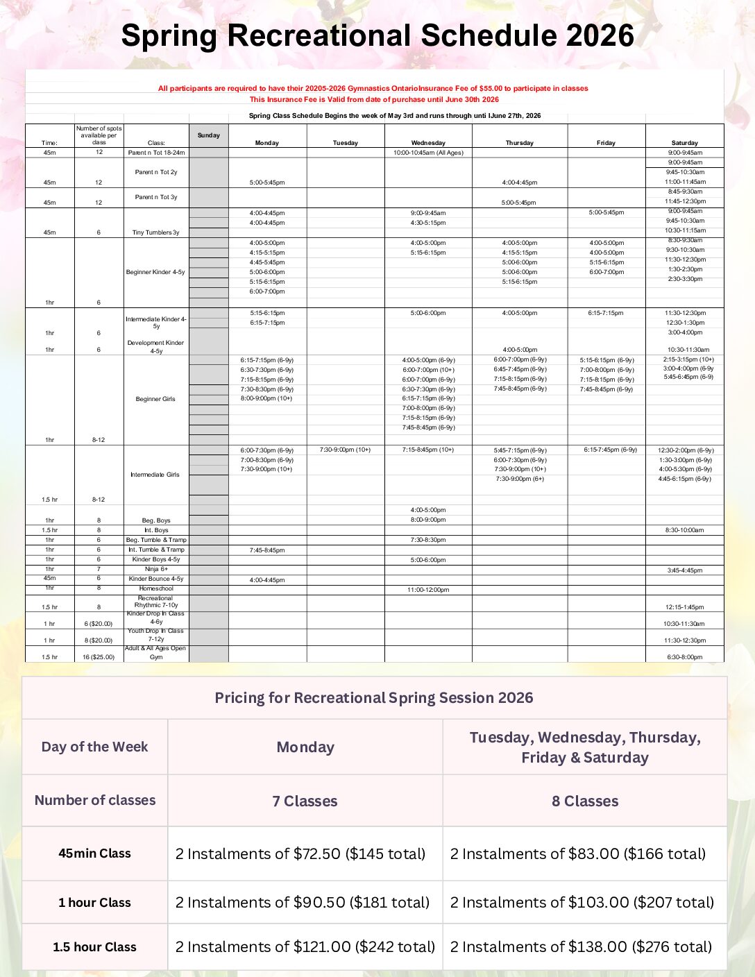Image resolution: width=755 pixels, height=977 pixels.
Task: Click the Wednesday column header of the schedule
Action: (x=428, y=143)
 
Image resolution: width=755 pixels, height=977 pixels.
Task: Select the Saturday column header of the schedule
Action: (x=684, y=143)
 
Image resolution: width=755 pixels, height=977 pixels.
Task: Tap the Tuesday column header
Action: (x=345, y=143)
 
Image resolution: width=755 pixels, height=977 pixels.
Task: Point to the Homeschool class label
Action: (x=156, y=588)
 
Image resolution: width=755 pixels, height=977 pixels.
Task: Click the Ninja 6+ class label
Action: (x=156, y=569)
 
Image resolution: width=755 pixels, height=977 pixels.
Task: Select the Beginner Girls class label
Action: (x=155, y=399)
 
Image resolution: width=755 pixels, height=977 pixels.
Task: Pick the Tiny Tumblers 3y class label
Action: (x=155, y=232)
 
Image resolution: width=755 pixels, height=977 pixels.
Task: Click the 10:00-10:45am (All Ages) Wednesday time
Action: (x=428, y=153)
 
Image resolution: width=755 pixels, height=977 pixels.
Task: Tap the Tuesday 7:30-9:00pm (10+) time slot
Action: (x=345, y=450)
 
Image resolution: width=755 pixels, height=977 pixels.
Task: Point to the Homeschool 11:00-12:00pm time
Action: (x=428, y=590)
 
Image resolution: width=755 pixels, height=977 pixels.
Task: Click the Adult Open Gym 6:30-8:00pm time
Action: (x=684, y=657)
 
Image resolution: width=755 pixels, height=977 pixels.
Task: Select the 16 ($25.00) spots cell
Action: (x=99, y=657)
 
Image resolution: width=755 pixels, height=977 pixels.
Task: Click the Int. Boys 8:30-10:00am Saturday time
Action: (x=684, y=530)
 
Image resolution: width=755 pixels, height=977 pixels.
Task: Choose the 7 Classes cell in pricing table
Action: (x=305, y=801)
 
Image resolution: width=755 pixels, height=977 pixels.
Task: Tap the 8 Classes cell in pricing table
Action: (x=585, y=801)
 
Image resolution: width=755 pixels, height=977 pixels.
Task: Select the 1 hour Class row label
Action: (x=94, y=903)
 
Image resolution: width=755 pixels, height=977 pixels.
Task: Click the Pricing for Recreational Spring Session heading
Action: (x=374, y=698)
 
